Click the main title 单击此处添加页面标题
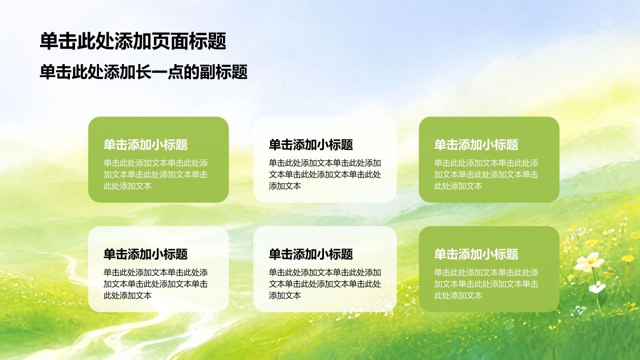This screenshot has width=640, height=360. coord(133,41)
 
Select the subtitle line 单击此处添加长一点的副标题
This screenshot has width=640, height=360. coord(143,72)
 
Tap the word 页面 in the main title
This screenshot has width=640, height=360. coord(170,41)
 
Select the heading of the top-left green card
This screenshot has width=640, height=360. coord(145,144)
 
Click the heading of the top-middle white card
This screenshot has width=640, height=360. coord(311,144)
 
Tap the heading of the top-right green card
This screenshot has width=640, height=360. coord(476,144)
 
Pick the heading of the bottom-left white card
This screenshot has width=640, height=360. coord(145,254)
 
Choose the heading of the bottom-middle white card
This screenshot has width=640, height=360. coord(311,254)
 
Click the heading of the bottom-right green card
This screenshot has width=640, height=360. coord(476,254)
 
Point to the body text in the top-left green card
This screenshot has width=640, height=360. coord(155,174)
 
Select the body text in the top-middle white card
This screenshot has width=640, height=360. coord(325,174)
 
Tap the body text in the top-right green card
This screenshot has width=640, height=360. coord(486,174)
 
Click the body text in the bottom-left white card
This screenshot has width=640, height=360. coord(155,284)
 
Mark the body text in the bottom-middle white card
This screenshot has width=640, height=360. coord(325,284)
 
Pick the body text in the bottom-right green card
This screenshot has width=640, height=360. coord(486,284)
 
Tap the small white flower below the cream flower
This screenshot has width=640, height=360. coord(597,287)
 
